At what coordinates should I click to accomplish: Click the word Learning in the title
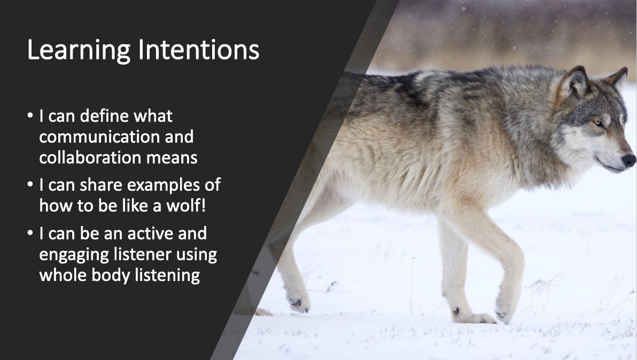click(79, 51)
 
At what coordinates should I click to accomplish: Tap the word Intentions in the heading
click(199, 50)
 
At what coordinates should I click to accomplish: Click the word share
click(101, 185)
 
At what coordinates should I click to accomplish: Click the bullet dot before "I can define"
click(30, 116)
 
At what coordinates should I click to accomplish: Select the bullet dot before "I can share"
click(30, 185)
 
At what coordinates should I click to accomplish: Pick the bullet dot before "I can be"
click(30, 233)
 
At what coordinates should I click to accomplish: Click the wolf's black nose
click(629, 160)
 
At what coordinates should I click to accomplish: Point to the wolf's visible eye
click(599, 122)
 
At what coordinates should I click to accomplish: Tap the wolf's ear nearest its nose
click(618, 79)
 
